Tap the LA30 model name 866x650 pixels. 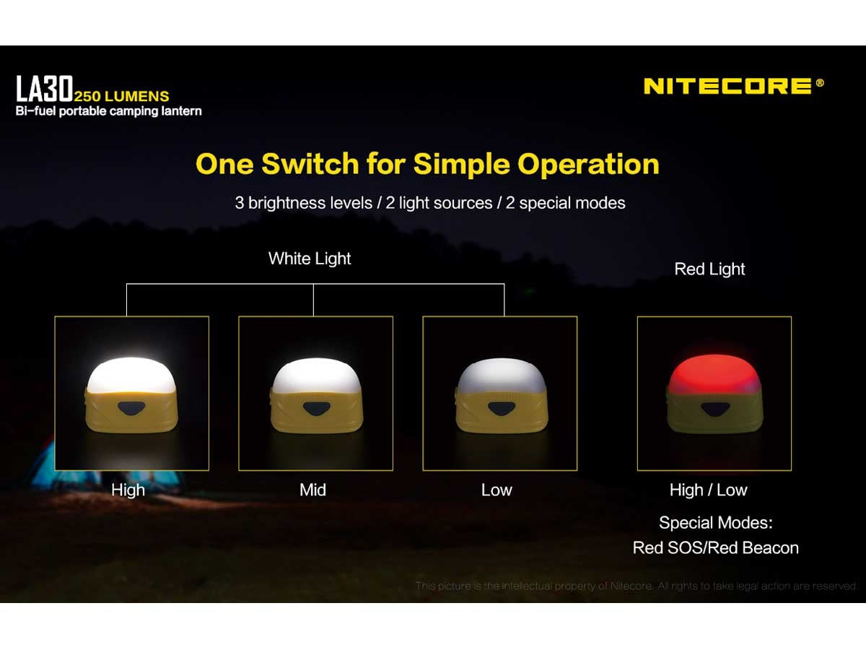pyautogui.click(x=45, y=88)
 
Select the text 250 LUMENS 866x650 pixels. pyautogui.click(x=121, y=96)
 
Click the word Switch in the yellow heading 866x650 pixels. pyautogui.click(x=310, y=163)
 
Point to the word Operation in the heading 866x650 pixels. pyautogui.click(x=588, y=165)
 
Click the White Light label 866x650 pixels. pyautogui.click(x=310, y=259)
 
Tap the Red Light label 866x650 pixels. pyautogui.click(x=709, y=269)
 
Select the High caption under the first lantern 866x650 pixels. pyautogui.click(x=128, y=490)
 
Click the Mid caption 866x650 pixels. pyautogui.click(x=312, y=490)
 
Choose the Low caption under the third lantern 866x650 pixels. pyautogui.click(x=497, y=490)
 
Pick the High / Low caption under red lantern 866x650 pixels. pyautogui.click(x=708, y=490)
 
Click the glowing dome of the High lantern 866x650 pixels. pyautogui.click(x=131, y=375)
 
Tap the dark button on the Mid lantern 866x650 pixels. pyautogui.click(x=316, y=409)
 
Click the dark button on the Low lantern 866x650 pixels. pyautogui.click(x=501, y=409)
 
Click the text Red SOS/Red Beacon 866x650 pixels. pyautogui.click(x=716, y=547)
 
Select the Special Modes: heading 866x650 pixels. pyautogui.click(x=716, y=522)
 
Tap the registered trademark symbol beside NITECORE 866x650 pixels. pyautogui.click(x=820, y=82)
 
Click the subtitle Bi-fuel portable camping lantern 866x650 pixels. pyautogui.click(x=108, y=111)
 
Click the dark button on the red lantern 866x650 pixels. pyautogui.click(x=714, y=409)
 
